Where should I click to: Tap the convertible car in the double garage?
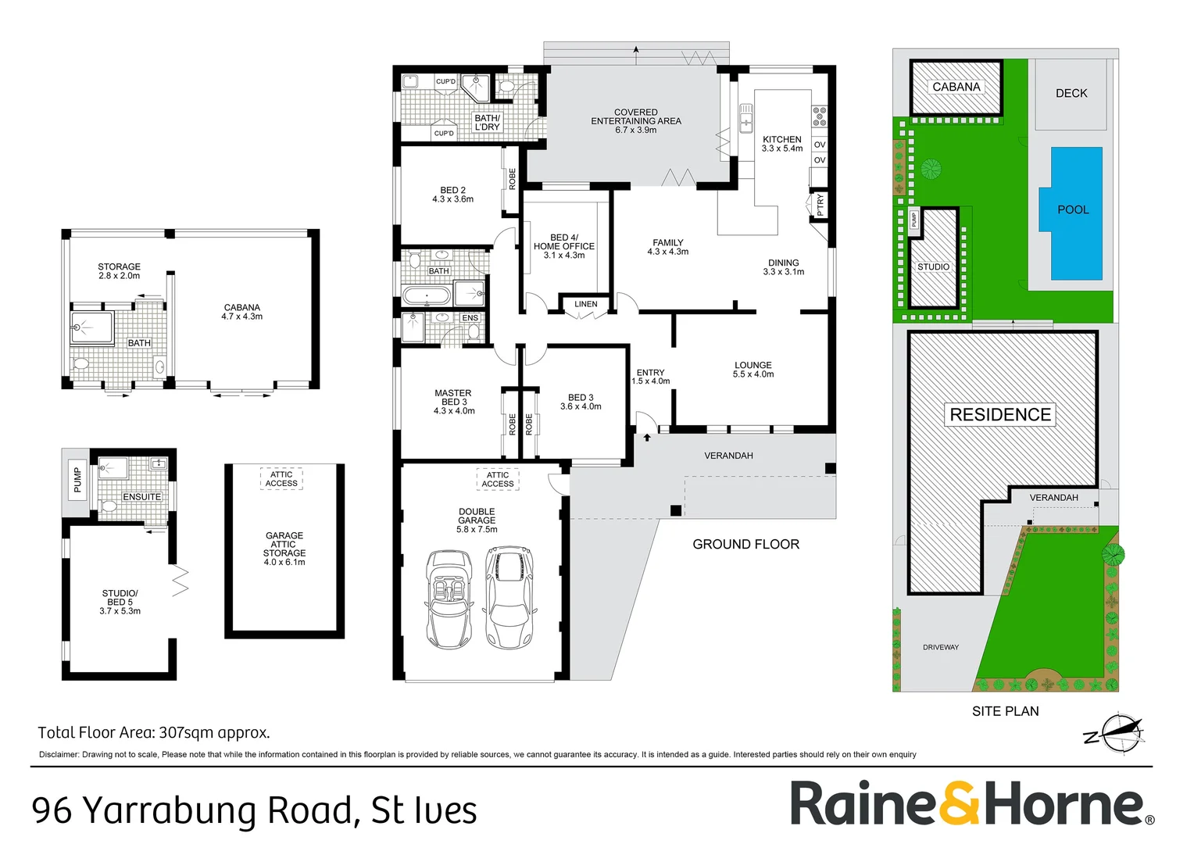coord(449,599)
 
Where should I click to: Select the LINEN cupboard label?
coord(586,304)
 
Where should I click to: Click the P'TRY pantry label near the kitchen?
coord(820,204)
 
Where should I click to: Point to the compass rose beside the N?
coord(1124,732)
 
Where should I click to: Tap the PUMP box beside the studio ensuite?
coord(78,479)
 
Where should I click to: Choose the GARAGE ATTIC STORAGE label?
coord(284,548)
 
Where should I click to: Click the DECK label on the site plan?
coord(1071,93)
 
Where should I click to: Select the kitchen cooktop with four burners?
coord(819,116)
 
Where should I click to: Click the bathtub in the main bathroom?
coord(427,295)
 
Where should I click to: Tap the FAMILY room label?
coord(668,242)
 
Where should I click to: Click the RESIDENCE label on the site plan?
coord(1000,414)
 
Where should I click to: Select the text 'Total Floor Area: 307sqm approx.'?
coord(153,732)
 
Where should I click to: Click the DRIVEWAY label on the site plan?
coord(941,647)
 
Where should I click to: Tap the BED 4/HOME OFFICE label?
coord(564,246)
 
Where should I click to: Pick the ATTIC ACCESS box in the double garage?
coord(498,479)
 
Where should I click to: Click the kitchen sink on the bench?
coord(745,118)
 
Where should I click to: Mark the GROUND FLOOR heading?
coord(745,545)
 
